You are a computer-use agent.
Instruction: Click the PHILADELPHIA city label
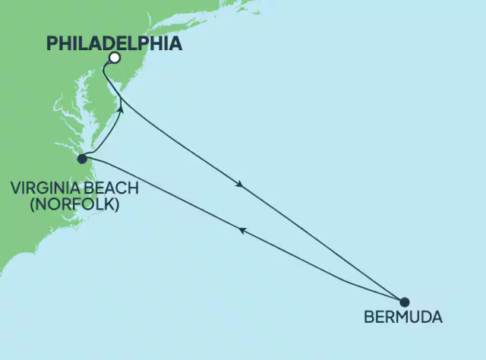115,43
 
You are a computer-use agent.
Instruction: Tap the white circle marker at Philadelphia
114,58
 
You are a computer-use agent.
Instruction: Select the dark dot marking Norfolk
82,159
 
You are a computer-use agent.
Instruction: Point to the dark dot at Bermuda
404,301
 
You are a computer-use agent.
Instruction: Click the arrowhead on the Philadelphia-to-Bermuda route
240,185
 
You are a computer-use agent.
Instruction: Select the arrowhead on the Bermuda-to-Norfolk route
242,231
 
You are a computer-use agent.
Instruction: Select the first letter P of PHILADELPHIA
52,43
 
